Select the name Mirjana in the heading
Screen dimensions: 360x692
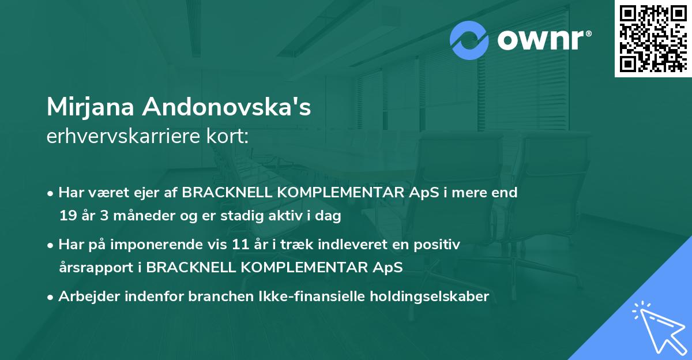click(x=91, y=107)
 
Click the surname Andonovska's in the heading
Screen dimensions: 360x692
click(x=228, y=107)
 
